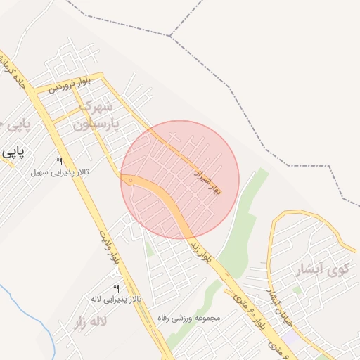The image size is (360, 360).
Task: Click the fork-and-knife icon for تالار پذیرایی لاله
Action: pyautogui.click(x=116, y=288)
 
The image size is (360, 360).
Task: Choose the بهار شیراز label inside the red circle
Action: pyautogui.click(x=207, y=181)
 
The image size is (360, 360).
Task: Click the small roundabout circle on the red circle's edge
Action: pyautogui.click(x=131, y=181)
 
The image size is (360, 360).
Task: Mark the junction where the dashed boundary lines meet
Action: pyautogui.click(x=169, y=35)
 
